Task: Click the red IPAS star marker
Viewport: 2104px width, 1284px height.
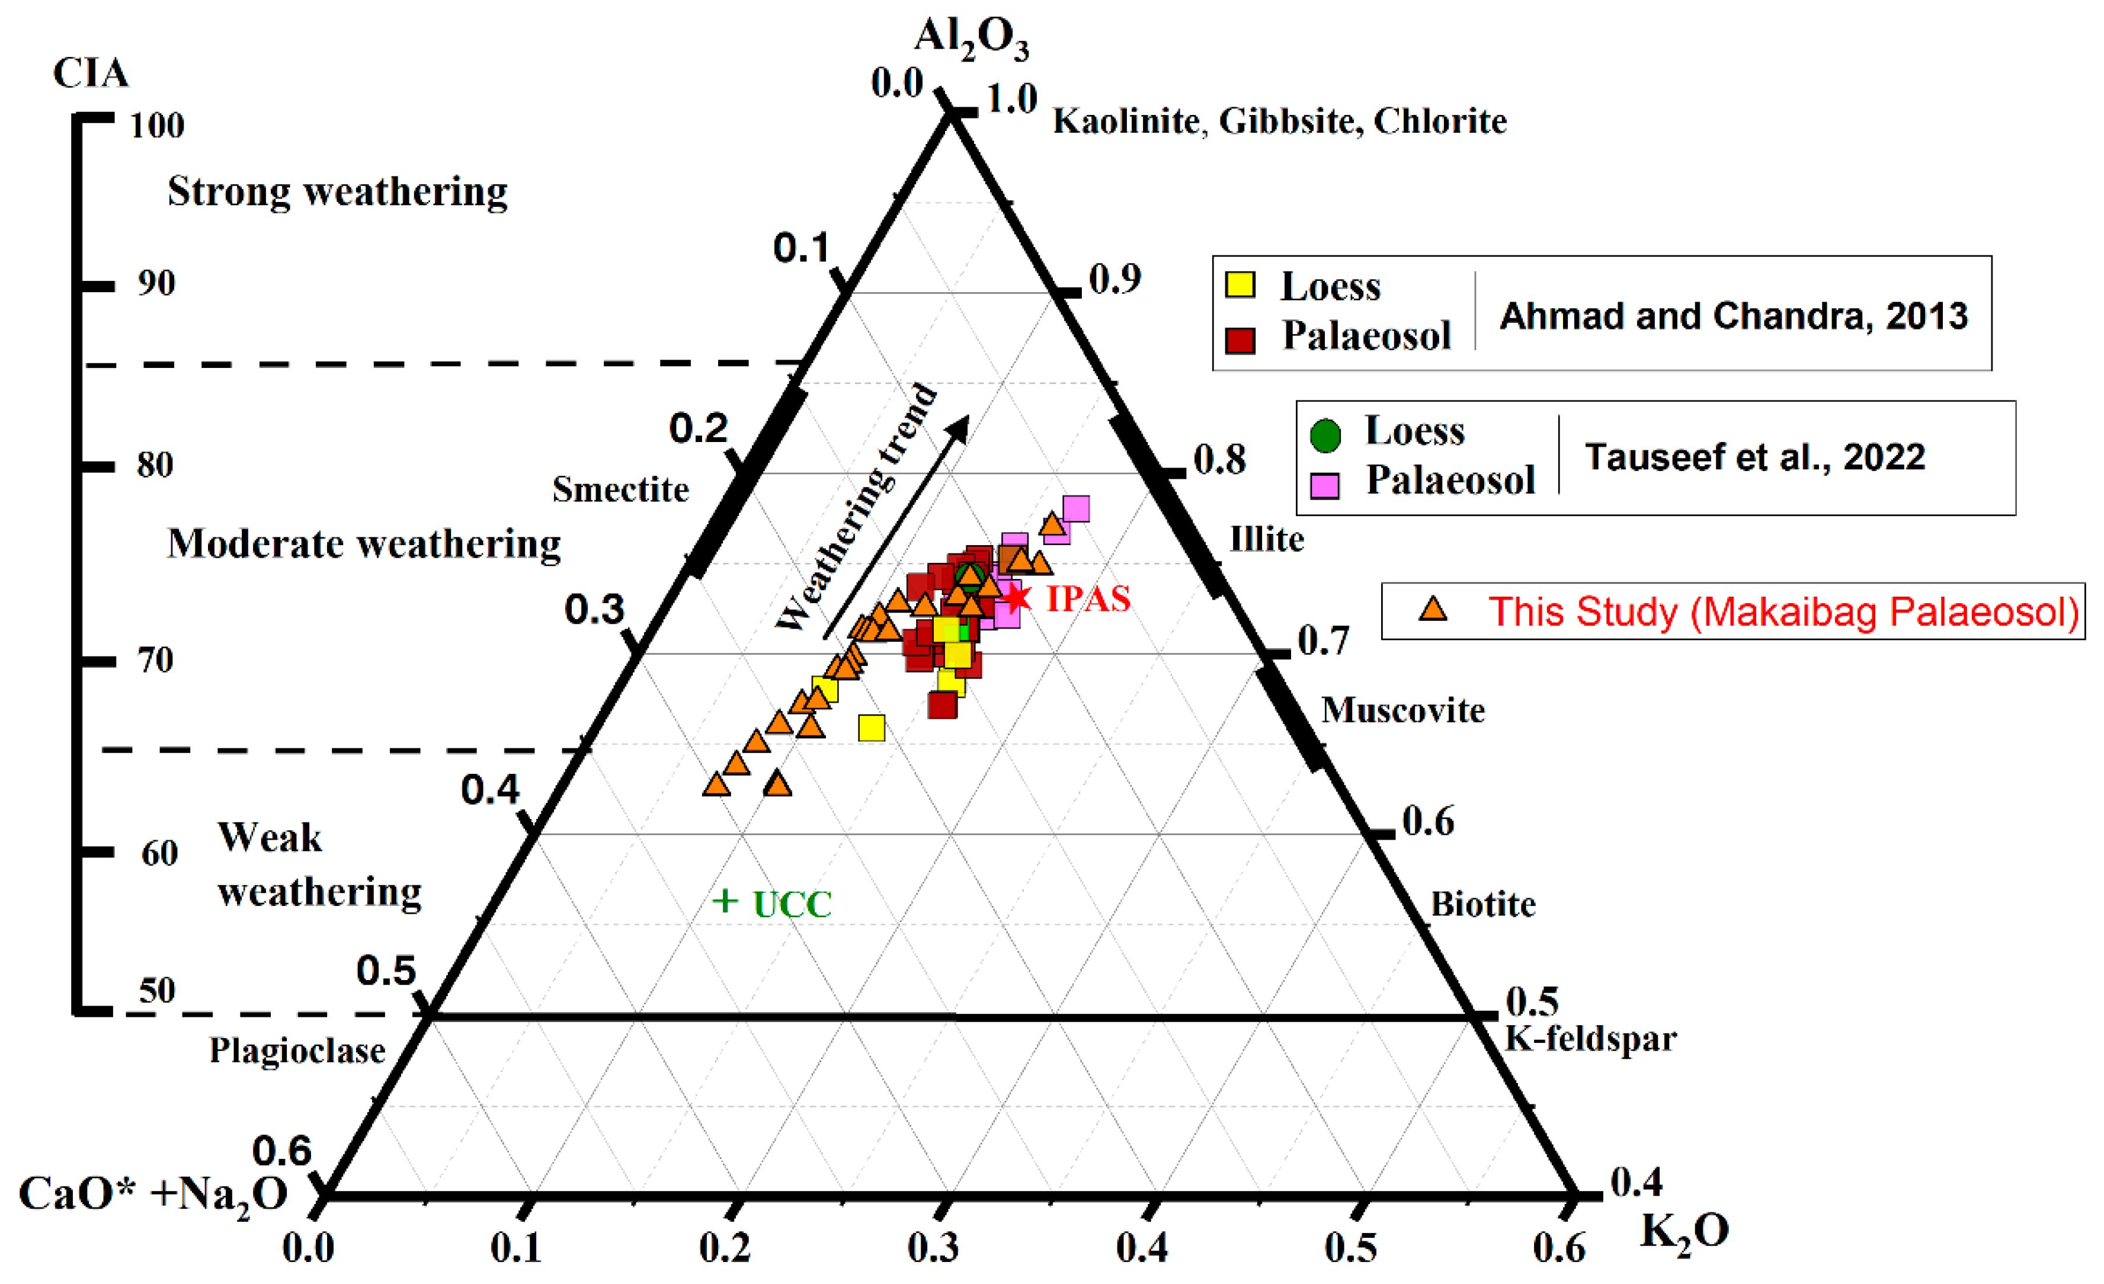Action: (1016, 598)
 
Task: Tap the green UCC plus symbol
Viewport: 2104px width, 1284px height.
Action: (725, 900)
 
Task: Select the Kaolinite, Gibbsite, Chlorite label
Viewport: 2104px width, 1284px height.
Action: (1279, 121)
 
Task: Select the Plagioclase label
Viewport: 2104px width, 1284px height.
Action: (297, 1050)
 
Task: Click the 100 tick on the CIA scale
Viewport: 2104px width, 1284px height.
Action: (95, 118)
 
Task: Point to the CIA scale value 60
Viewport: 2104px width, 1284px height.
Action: (159, 852)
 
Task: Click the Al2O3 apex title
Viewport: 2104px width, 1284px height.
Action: (971, 39)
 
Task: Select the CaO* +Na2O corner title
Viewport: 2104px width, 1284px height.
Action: (153, 1193)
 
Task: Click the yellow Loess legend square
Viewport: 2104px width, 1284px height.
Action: (1240, 284)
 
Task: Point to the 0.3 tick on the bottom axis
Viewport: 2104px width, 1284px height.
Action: (943, 1211)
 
